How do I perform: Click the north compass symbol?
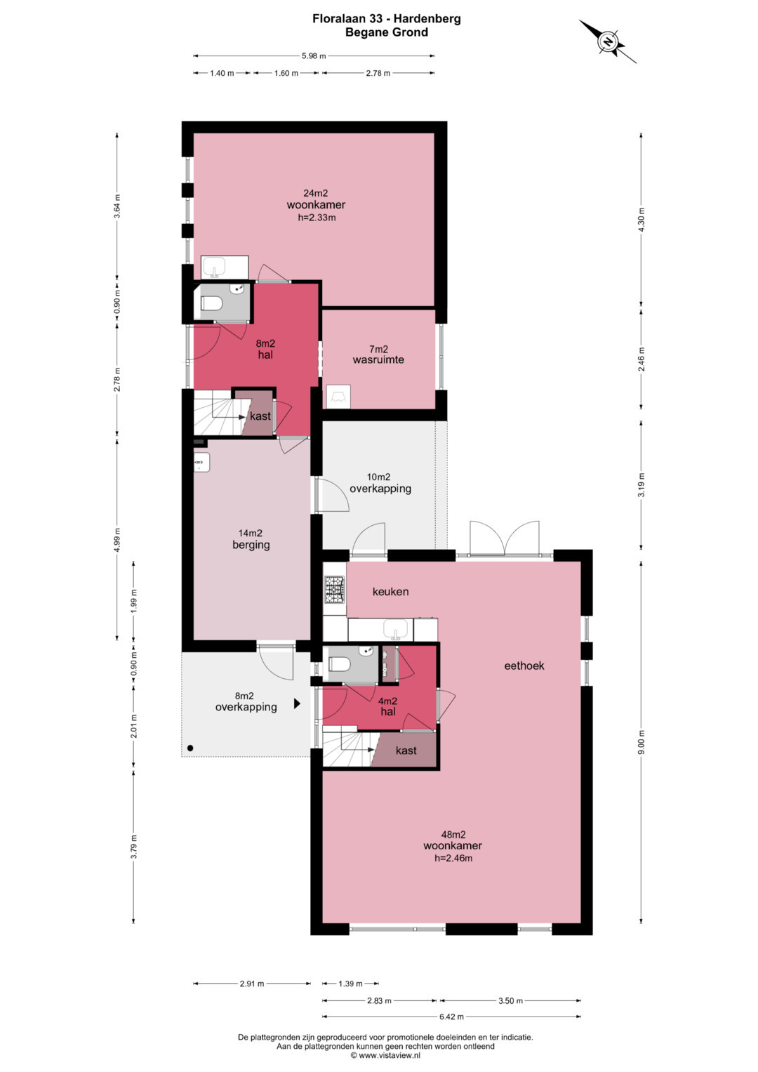pos(608,41)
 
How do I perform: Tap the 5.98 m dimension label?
pos(314,55)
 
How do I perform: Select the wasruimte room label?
pos(378,359)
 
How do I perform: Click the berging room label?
pos(251,545)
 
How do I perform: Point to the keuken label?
pos(390,592)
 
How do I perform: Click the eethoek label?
pos(524,666)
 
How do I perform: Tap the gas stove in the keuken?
pos(335,589)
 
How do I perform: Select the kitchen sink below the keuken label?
pos(396,629)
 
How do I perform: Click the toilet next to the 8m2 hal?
pos(211,303)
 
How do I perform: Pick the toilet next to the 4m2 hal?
pos(340,664)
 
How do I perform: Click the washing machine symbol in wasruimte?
pos(338,397)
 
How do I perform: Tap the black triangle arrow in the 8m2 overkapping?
pos(297,703)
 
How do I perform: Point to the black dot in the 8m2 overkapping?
pos(190,748)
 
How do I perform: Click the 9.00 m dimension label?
pos(641,742)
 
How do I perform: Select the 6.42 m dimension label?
pos(451,1017)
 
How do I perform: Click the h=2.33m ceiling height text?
pos(317,217)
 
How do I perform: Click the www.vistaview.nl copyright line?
pos(385,1055)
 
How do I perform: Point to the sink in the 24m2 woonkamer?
pos(214,267)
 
